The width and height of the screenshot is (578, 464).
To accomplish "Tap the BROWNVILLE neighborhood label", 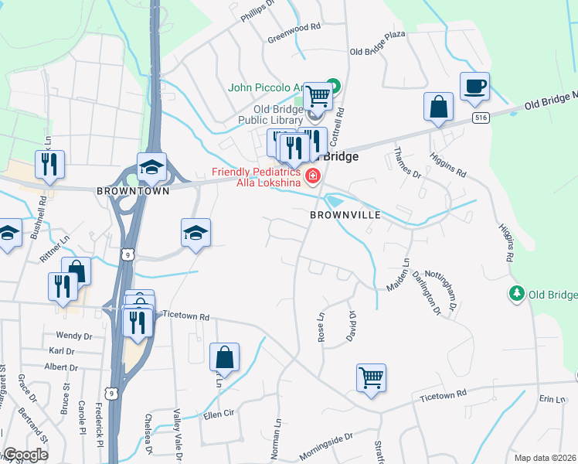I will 345,214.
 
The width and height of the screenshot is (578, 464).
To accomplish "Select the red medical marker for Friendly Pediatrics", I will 313,177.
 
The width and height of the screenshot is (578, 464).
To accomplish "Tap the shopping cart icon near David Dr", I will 371,378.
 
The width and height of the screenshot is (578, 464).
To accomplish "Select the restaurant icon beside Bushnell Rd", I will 49,164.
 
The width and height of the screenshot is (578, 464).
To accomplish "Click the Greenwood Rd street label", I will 294,27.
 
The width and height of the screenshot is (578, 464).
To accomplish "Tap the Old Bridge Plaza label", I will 377,52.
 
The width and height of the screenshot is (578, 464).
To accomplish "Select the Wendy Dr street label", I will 74,336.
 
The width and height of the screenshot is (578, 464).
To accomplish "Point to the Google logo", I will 25,455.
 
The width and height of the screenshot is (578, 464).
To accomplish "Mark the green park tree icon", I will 515,294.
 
